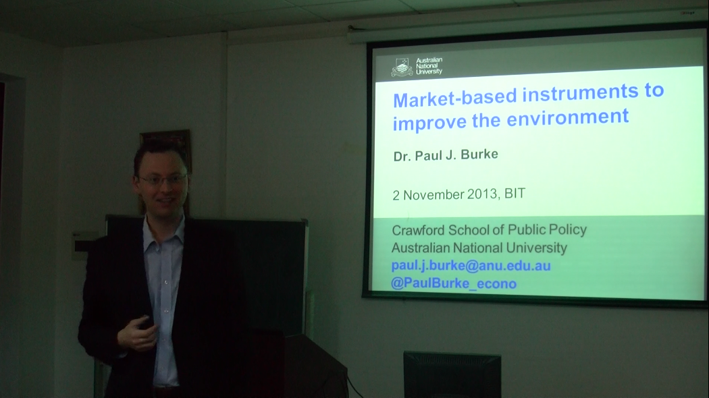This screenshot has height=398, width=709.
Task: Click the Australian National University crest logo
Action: coord(402,67)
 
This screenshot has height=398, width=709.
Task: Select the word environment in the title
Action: coord(567,117)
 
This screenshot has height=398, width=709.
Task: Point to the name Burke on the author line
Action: coord(479,154)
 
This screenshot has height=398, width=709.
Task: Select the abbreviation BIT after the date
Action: coord(515,194)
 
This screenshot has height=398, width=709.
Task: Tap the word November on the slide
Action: coord(434,195)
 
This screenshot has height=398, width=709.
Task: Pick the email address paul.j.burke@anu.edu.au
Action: coord(471,265)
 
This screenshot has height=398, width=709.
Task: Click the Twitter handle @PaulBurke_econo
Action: coord(454,283)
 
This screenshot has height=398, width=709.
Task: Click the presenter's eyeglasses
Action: coord(163,180)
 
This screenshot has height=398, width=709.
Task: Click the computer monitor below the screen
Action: coord(452,374)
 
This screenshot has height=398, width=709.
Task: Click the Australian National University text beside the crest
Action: coord(429,66)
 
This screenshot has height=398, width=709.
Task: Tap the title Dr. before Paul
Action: coord(402,157)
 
